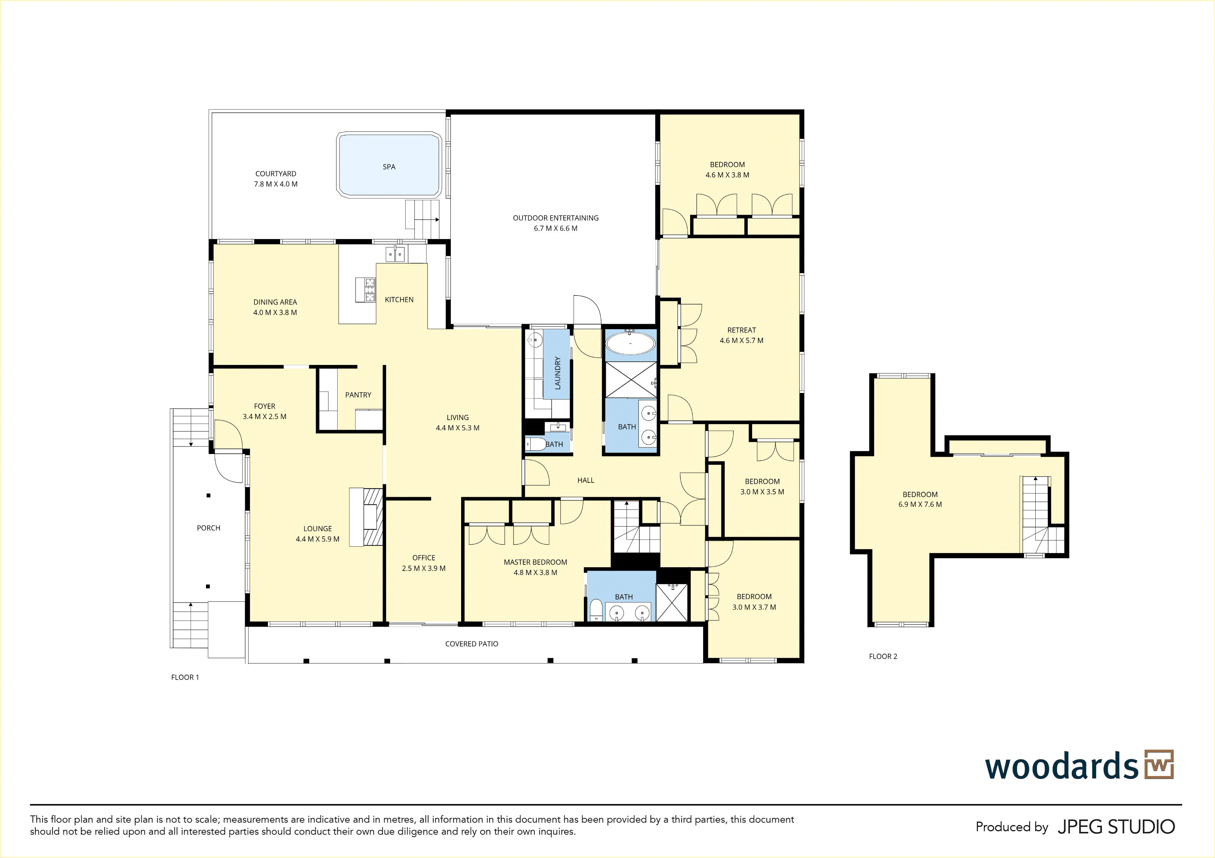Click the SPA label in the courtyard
(x=389, y=167)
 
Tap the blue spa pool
(x=389, y=165)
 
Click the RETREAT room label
(x=742, y=330)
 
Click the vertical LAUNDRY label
(x=557, y=373)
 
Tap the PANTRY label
(x=358, y=395)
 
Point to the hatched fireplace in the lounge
(x=373, y=516)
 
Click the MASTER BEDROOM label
(x=536, y=562)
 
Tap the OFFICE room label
(x=424, y=558)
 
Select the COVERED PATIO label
(x=471, y=644)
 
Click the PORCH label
(x=208, y=528)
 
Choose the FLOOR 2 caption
(x=883, y=656)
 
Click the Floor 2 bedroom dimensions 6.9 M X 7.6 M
(x=920, y=504)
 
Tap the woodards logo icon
(x=1159, y=764)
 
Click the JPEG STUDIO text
(x=1116, y=827)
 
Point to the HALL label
(x=586, y=480)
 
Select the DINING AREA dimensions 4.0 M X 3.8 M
(x=275, y=313)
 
